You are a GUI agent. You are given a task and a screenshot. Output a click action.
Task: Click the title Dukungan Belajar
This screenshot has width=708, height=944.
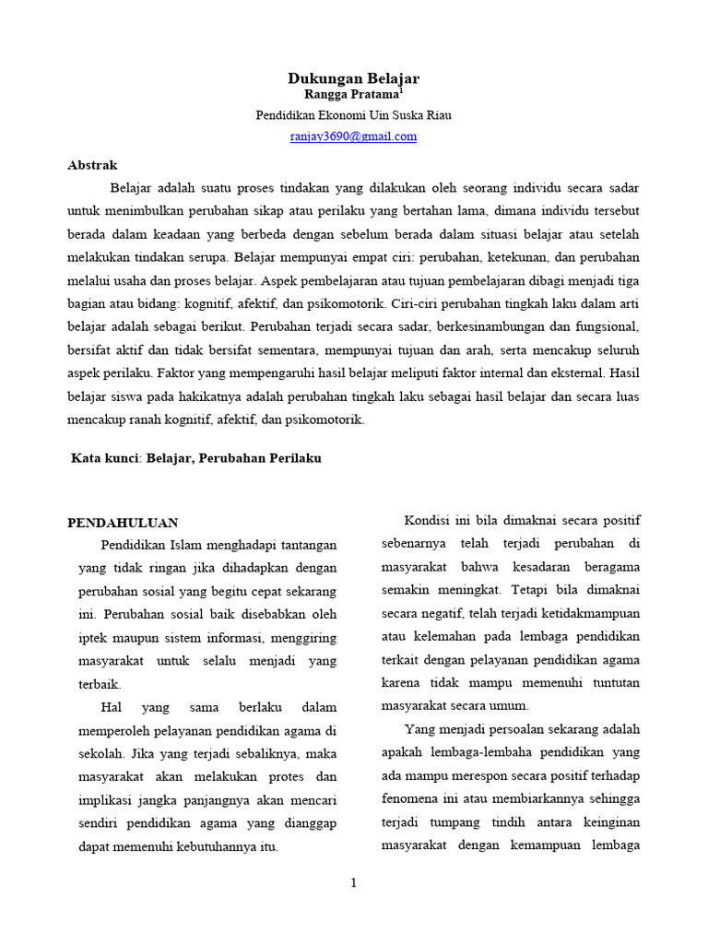(x=354, y=79)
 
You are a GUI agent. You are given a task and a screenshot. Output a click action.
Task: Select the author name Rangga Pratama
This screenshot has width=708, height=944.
(x=351, y=95)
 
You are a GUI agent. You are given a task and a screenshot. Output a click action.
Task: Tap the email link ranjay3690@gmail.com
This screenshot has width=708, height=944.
(x=354, y=136)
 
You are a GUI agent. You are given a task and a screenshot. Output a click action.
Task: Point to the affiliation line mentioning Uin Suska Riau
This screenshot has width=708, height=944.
(x=354, y=115)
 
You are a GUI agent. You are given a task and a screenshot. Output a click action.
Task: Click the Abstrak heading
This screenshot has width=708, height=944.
(x=92, y=166)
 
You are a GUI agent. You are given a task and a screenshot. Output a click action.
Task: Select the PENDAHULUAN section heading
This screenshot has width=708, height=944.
(x=123, y=523)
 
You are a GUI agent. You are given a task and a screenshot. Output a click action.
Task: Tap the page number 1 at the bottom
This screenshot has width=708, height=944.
(x=353, y=882)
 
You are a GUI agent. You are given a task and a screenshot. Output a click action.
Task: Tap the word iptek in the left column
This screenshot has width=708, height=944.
(x=95, y=638)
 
